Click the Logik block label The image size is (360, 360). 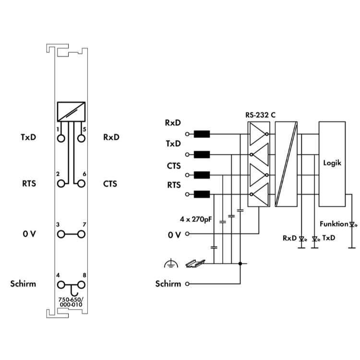(332, 163)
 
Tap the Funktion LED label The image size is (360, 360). (334, 224)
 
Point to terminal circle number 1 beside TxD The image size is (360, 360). (61, 138)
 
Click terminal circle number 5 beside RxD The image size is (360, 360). (81, 138)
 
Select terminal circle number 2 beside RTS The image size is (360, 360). (61, 183)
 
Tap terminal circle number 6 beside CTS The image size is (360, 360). (81, 183)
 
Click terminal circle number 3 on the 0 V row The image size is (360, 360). (61, 234)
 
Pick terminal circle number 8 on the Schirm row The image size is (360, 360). (81, 285)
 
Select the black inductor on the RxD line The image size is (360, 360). (202, 134)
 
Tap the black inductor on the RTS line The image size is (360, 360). (202, 194)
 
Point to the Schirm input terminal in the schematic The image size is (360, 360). (187, 284)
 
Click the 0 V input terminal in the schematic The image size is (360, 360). (187, 234)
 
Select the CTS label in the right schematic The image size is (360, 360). (173, 166)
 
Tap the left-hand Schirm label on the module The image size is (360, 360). (23, 284)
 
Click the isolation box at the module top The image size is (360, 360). (71, 112)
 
